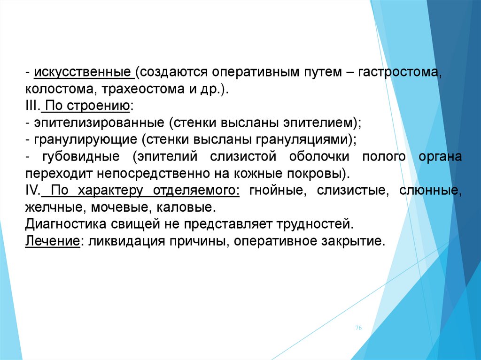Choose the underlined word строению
tap(98, 107)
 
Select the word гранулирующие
tap(85, 140)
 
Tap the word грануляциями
tap(303, 140)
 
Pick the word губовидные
tap(81, 157)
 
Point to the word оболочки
tap(319, 157)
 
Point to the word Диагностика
tap(65, 224)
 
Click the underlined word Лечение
tap(53, 241)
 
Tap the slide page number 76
tap(358, 328)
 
